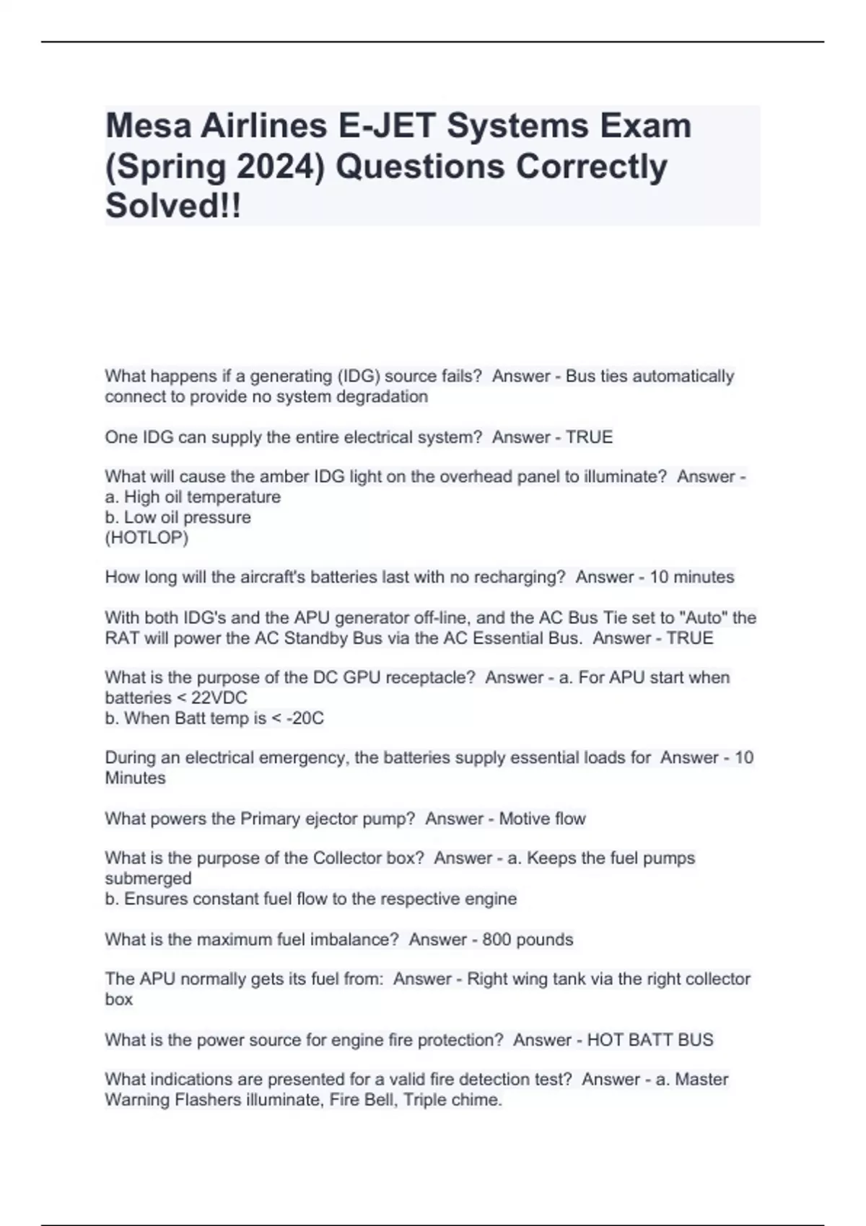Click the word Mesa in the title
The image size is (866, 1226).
coord(146,126)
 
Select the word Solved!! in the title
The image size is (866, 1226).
coord(173,206)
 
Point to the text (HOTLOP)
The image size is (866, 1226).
coord(146,537)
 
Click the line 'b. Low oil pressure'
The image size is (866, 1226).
coord(178,517)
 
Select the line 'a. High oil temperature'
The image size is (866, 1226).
coord(193,497)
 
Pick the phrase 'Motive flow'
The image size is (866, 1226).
coord(542,819)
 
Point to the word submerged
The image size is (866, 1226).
coord(148,878)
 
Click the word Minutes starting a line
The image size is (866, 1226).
coord(135,778)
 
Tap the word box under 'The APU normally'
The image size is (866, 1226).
coord(118,1000)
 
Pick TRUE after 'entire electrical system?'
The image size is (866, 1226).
coord(589,437)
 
